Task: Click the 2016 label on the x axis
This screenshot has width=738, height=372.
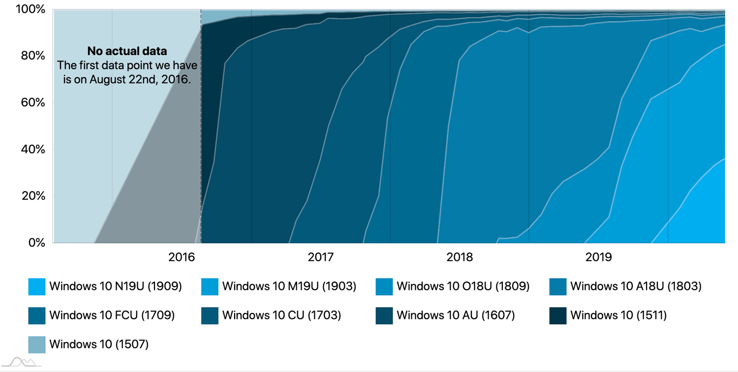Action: pyautogui.click(x=182, y=257)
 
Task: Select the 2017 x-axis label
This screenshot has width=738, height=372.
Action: pyautogui.click(x=321, y=257)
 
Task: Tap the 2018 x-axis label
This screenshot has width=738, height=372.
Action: pyautogui.click(x=460, y=257)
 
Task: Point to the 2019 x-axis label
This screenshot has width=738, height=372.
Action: pyautogui.click(x=599, y=257)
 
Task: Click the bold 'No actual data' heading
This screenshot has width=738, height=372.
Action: pyautogui.click(x=127, y=51)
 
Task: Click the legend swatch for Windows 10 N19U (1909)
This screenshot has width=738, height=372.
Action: pyautogui.click(x=37, y=286)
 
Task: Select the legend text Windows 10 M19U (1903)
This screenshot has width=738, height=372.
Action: pyautogui.click(x=289, y=286)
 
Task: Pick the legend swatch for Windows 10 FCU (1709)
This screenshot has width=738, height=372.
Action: pyautogui.click(x=37, y=315)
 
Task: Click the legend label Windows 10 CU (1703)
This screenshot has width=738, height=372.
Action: pyautogui.click(x=281, y=315)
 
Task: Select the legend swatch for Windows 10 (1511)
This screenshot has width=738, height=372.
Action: pyautogui.click(x=558, y=315)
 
